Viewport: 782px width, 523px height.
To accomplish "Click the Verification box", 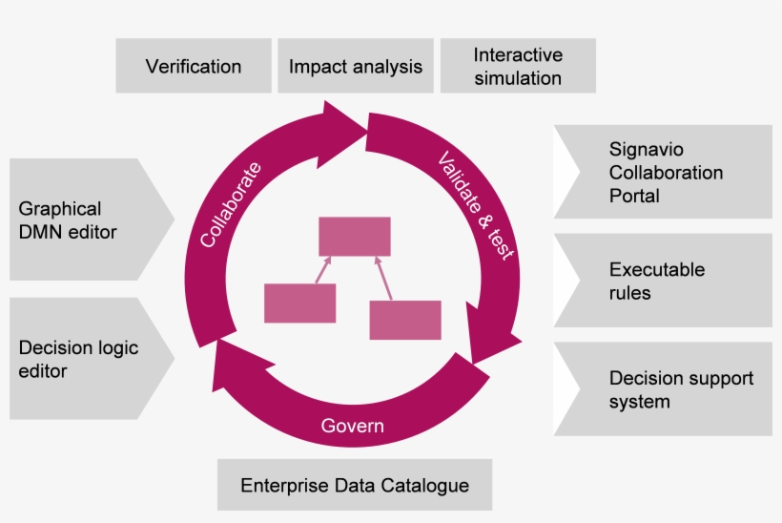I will (194, 66).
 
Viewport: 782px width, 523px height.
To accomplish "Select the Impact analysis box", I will (355, 66).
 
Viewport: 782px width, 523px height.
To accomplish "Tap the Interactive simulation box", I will (518, 66).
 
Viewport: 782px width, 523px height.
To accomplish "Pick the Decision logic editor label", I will (78, 359).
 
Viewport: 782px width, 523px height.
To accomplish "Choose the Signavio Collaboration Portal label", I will (666, 173).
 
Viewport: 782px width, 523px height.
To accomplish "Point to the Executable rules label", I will (657, 281).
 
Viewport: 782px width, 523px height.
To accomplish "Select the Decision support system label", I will (681, 389).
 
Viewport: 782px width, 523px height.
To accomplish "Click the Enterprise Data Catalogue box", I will (355, 485).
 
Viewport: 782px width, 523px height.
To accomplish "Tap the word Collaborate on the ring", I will (229, 204).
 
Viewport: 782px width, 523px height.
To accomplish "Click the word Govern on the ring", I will (352, 426).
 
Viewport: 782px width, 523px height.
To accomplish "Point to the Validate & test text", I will (476, 204).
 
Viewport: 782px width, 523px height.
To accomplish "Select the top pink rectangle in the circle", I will (354, 236).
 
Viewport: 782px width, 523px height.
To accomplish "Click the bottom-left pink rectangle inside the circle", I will (299, 303).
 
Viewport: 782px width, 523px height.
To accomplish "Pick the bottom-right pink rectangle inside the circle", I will (405, 320).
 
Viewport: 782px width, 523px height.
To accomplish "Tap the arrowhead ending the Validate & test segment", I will (491, 349).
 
